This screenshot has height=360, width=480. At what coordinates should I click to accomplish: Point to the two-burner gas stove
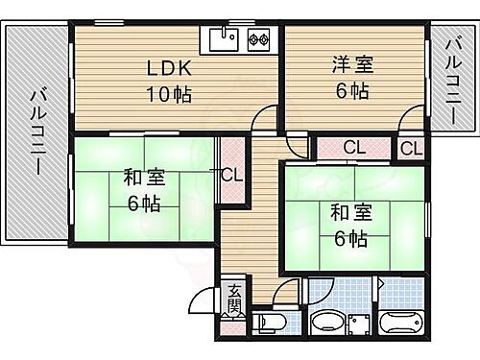click(x=258, y=40)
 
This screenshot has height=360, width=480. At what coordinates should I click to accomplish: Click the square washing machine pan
click(x=360, y=324)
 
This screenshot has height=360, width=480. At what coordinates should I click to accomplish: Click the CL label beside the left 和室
click(x=231, y=175)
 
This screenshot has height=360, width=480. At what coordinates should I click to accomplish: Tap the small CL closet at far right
click(x=410, y=149)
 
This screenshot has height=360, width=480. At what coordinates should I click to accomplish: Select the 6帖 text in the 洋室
click(x=352, y=92)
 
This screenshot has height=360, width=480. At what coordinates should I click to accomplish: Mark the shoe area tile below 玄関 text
click(x=235, y=323)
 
